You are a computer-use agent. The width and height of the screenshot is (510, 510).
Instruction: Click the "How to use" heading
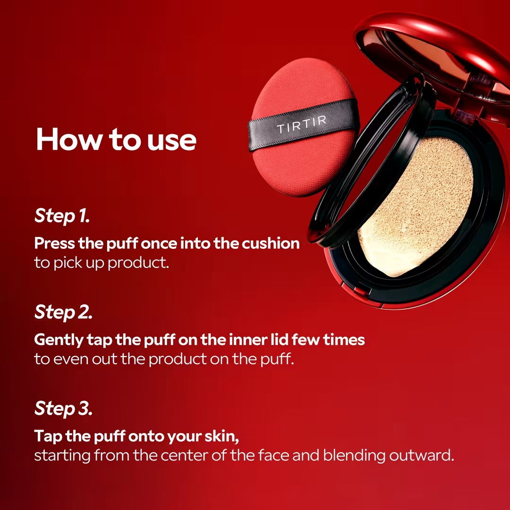click(116, 139)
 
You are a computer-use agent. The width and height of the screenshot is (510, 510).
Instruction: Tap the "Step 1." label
click(62, 216)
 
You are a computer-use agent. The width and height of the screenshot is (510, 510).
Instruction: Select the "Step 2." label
click(63, 312)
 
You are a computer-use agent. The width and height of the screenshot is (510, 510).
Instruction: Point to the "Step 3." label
click(63, 408)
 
